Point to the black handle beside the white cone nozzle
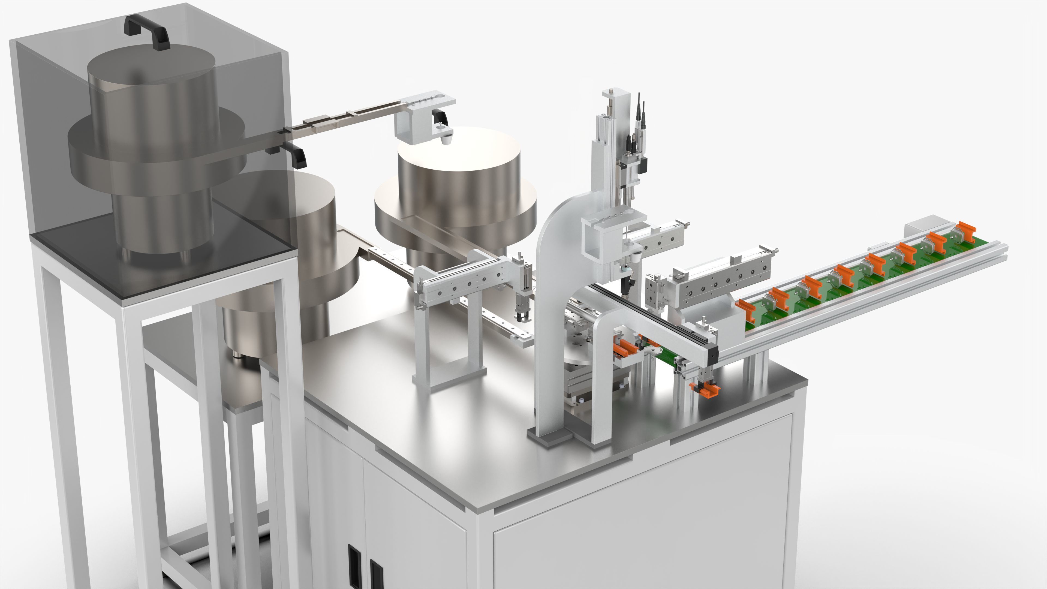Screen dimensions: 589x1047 click(x=440, y=118)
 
